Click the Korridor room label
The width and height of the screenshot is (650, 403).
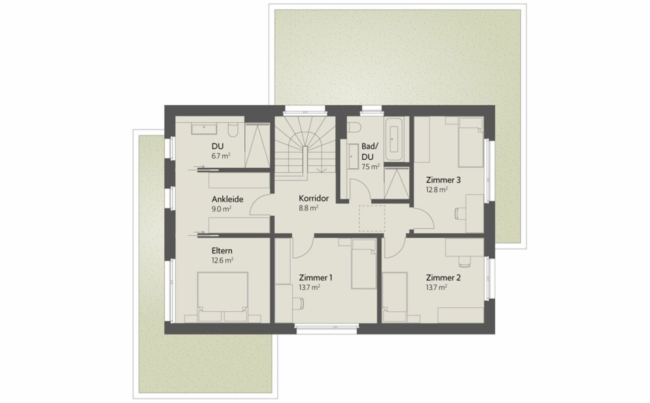point(314,198)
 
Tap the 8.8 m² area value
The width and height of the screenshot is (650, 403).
point(308,208)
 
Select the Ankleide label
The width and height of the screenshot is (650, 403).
point(227,199)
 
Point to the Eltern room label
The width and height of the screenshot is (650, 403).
point(222,251)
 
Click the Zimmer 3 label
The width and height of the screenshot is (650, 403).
point(443,180)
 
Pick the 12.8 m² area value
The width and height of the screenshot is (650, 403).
point(437,190)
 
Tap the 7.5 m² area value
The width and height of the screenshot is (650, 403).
point(370,167)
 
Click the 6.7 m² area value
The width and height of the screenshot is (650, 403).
point(221,156)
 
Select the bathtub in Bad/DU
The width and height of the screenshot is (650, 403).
point(394,139)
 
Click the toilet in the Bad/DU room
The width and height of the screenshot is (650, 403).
point(354,127)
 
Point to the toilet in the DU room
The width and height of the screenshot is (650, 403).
point(233,130)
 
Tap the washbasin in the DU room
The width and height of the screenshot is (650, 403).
point(204,128)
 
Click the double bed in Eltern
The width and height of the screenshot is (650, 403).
point(223,297)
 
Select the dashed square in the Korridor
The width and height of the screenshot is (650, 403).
point(372,218)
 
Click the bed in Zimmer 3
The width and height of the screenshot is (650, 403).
point(471,142)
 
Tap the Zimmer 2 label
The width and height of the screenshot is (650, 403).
point(443,278)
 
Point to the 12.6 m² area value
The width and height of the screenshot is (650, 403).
point(222,260)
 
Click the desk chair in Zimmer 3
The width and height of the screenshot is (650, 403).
point(460,214)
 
